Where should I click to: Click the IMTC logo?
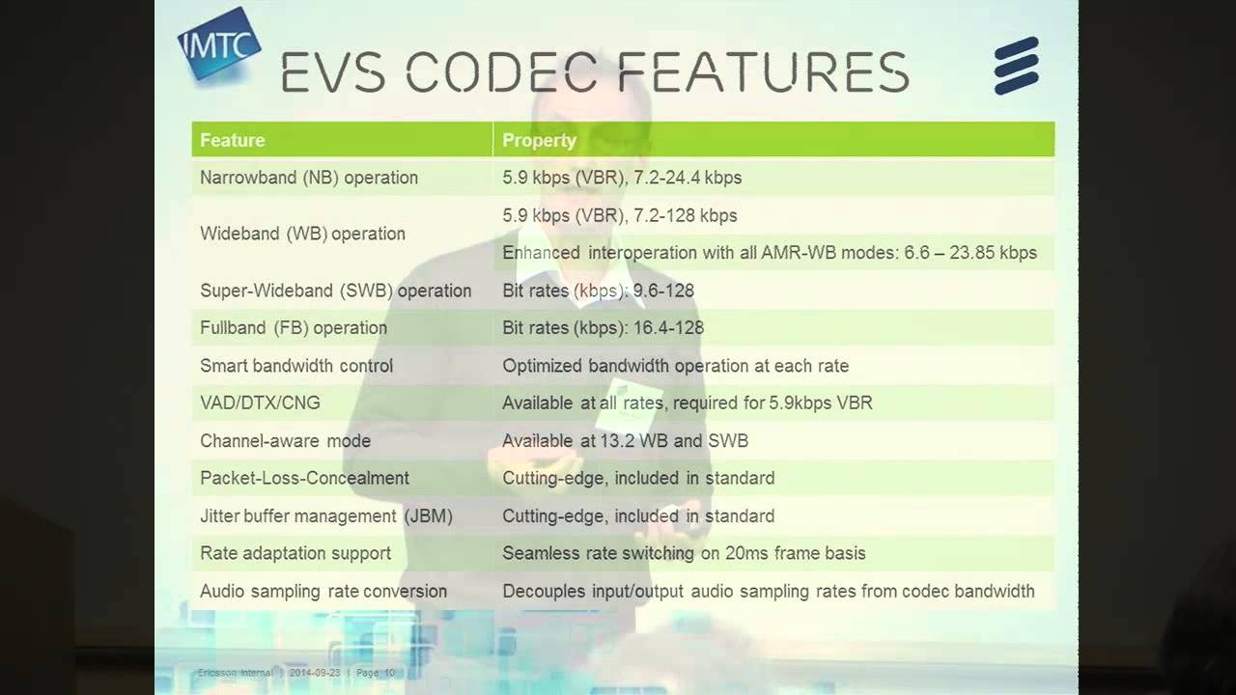pyautogui.click(x=218, y=43)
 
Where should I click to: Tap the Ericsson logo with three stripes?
pyautogui.click(x=1016, y=67)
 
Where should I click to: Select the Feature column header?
pyautogui.click(x=232, y=140)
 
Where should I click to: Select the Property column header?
pyautogui.click(x=539, y=140)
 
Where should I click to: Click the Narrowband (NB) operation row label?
pyautogui.click(x=309, y=178)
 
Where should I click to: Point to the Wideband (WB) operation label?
pyautogui.click(x=302, y=234)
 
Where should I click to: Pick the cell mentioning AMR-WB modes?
pyautogui.click(x=769, y=253)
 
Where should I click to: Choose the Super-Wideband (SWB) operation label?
pyautogui.click(x=335, y=291)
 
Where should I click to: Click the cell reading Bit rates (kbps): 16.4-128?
pyautogui.click(x=603, y=328)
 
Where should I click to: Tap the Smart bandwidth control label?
pyautogui.click(x=296, y=366)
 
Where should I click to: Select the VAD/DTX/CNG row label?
pyautogui.click(x=260, y=403)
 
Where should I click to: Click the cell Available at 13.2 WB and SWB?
pyautogui.click(x=625, y=441)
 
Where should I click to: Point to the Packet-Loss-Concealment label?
pyautogui.click(x=304, y=478)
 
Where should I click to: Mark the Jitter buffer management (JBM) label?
pyautogui.click(x=326, y=516)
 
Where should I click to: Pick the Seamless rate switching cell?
pyautogui.click(x=684, y=553)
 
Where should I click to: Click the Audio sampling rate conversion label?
pyautogui.click(x=323, y=591)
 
